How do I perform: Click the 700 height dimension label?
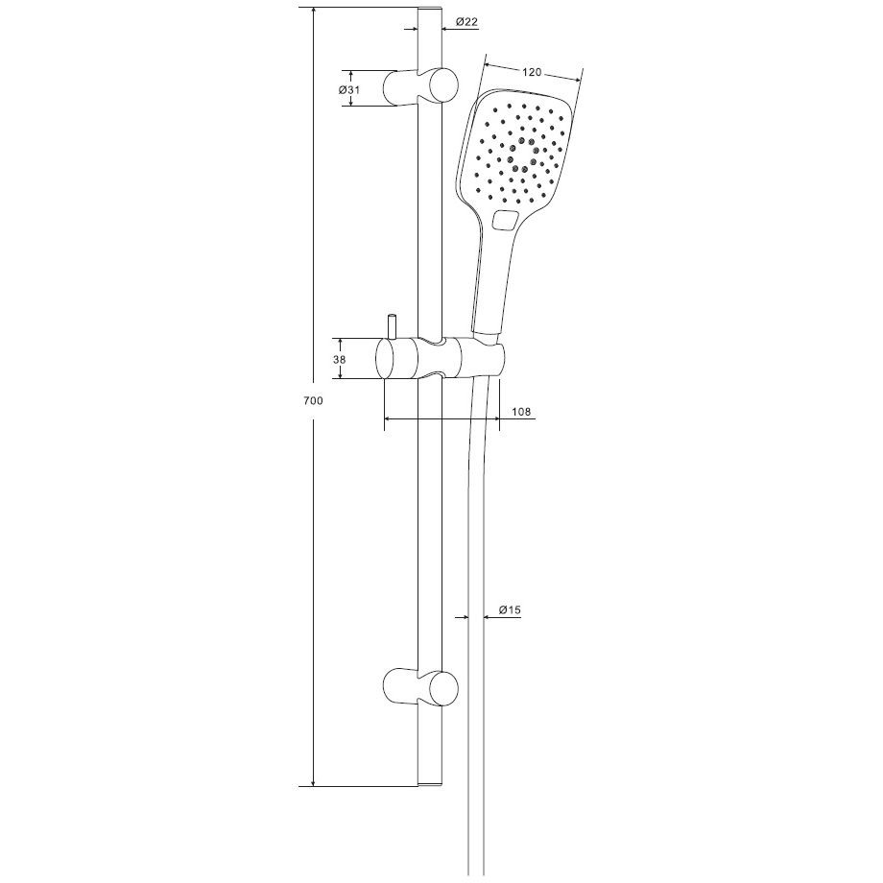(313, 401)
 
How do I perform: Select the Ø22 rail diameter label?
(466, 22)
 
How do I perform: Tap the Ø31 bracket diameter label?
(349, 90)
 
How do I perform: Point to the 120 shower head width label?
(532, 72)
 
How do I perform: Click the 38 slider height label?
(339, 359)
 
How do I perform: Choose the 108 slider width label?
(521, 412)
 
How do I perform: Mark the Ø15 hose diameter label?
(510, 609)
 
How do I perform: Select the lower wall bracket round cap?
(443, 688)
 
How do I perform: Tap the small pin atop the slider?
(391, 327)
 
